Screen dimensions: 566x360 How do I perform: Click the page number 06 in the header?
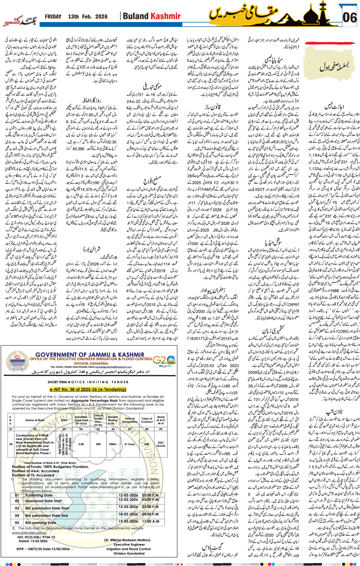[349, 18]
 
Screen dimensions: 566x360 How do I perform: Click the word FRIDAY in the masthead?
[53, 17]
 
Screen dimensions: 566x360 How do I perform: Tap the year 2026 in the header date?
[101, 17]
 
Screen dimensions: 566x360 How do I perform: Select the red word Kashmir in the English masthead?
[166, 16]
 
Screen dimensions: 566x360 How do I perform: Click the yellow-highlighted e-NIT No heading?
[88, 389]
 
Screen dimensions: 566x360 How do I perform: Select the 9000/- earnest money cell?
[113, 444]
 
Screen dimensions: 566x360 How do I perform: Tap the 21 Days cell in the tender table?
[129, 444]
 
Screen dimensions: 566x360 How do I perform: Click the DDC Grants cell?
[161, 444]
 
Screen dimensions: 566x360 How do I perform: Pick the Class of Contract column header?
[147, 420]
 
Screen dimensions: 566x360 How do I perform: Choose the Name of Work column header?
[35, 420]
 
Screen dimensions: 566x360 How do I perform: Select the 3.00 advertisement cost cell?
[81, 444]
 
